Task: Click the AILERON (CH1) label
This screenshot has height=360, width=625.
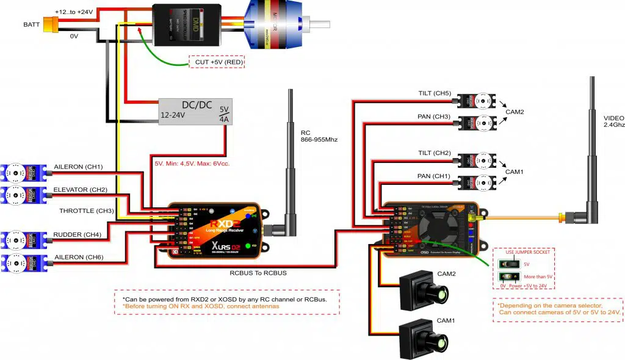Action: tap(78, 167)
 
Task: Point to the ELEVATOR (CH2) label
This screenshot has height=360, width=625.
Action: tap(81, 190)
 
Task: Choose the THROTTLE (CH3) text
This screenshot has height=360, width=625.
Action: tap(87, 211)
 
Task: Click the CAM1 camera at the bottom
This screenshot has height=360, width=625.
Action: tap(422, 339)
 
